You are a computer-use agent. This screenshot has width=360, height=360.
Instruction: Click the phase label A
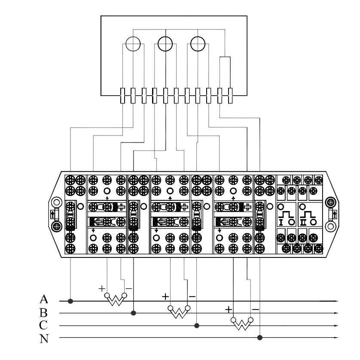(x=44, y=299)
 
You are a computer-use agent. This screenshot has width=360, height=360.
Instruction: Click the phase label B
(x=43, y=312)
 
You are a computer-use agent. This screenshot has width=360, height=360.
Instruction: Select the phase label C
(x=43, y=325)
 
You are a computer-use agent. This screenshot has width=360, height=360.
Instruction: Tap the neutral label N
(x=44, y=339)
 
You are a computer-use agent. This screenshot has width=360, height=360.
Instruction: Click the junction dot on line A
(x=70, y=301)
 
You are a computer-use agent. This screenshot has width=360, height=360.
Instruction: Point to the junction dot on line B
(x=133, y=313)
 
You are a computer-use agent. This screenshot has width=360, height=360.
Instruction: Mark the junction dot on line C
(x=197, y=326)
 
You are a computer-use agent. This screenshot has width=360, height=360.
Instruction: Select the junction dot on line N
(x=260, y=338)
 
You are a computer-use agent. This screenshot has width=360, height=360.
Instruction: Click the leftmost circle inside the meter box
(x=133, y=37)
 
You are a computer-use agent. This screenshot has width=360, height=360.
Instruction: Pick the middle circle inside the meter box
(x=165, y=37)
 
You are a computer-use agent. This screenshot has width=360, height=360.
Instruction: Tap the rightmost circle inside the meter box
(x=198, y=37)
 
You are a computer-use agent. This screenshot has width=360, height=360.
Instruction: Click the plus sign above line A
(x=102, y=289)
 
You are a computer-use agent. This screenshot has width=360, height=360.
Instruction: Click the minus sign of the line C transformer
(x=256, y=309)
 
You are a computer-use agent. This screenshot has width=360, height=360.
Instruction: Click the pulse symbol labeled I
(x=286, y=215)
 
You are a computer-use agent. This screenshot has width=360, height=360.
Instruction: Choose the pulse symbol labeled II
(x=308, y=215)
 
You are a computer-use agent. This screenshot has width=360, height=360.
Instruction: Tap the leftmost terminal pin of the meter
(x=122, y=96)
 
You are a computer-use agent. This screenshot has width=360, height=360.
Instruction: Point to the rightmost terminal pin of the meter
(x=230, y=96)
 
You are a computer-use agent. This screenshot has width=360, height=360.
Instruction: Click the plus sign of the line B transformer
(x=165, y=296)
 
